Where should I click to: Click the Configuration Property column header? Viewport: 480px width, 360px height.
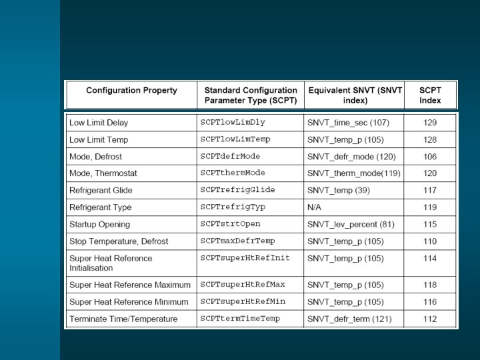tap(131, 91)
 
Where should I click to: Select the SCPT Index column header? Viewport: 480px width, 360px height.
tap(430, 95)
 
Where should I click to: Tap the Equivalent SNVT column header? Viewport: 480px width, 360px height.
tap(355, 95)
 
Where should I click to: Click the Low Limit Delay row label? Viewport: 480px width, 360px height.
tap(99, 123)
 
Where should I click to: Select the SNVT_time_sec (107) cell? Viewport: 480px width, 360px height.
tap(348, 123)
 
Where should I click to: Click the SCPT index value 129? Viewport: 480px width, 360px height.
tap(430, 123)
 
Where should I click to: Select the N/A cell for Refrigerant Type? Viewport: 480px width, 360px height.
tap(315, 207)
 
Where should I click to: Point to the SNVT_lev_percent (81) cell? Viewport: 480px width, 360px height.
tap(351, 224)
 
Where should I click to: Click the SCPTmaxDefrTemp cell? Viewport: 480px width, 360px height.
tap(237, 241)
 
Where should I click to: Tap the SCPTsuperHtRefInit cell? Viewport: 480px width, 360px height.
tap(245, 258)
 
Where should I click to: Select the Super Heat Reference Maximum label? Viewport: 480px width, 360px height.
tap(130, 285)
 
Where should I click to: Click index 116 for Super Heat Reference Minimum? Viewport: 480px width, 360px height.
tap(430, 302)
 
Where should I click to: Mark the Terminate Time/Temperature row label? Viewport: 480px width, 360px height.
tap(123, 319)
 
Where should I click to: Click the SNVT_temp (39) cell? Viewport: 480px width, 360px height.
tap(338, 190)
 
